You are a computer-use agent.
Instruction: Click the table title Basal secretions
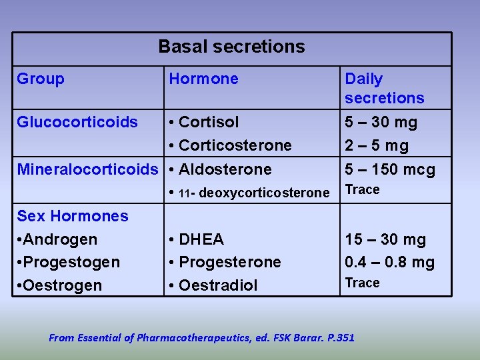231,47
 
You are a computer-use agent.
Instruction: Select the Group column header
41,79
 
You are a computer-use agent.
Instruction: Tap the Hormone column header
203,79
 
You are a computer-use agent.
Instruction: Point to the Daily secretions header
384,89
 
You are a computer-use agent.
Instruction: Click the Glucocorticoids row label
77,122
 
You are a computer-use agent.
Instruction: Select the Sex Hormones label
73,216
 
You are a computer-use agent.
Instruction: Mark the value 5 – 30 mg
381,122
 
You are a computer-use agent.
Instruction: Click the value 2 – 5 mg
377,145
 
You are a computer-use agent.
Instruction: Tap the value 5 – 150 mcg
390,169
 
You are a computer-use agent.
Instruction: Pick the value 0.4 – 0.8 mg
390,262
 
